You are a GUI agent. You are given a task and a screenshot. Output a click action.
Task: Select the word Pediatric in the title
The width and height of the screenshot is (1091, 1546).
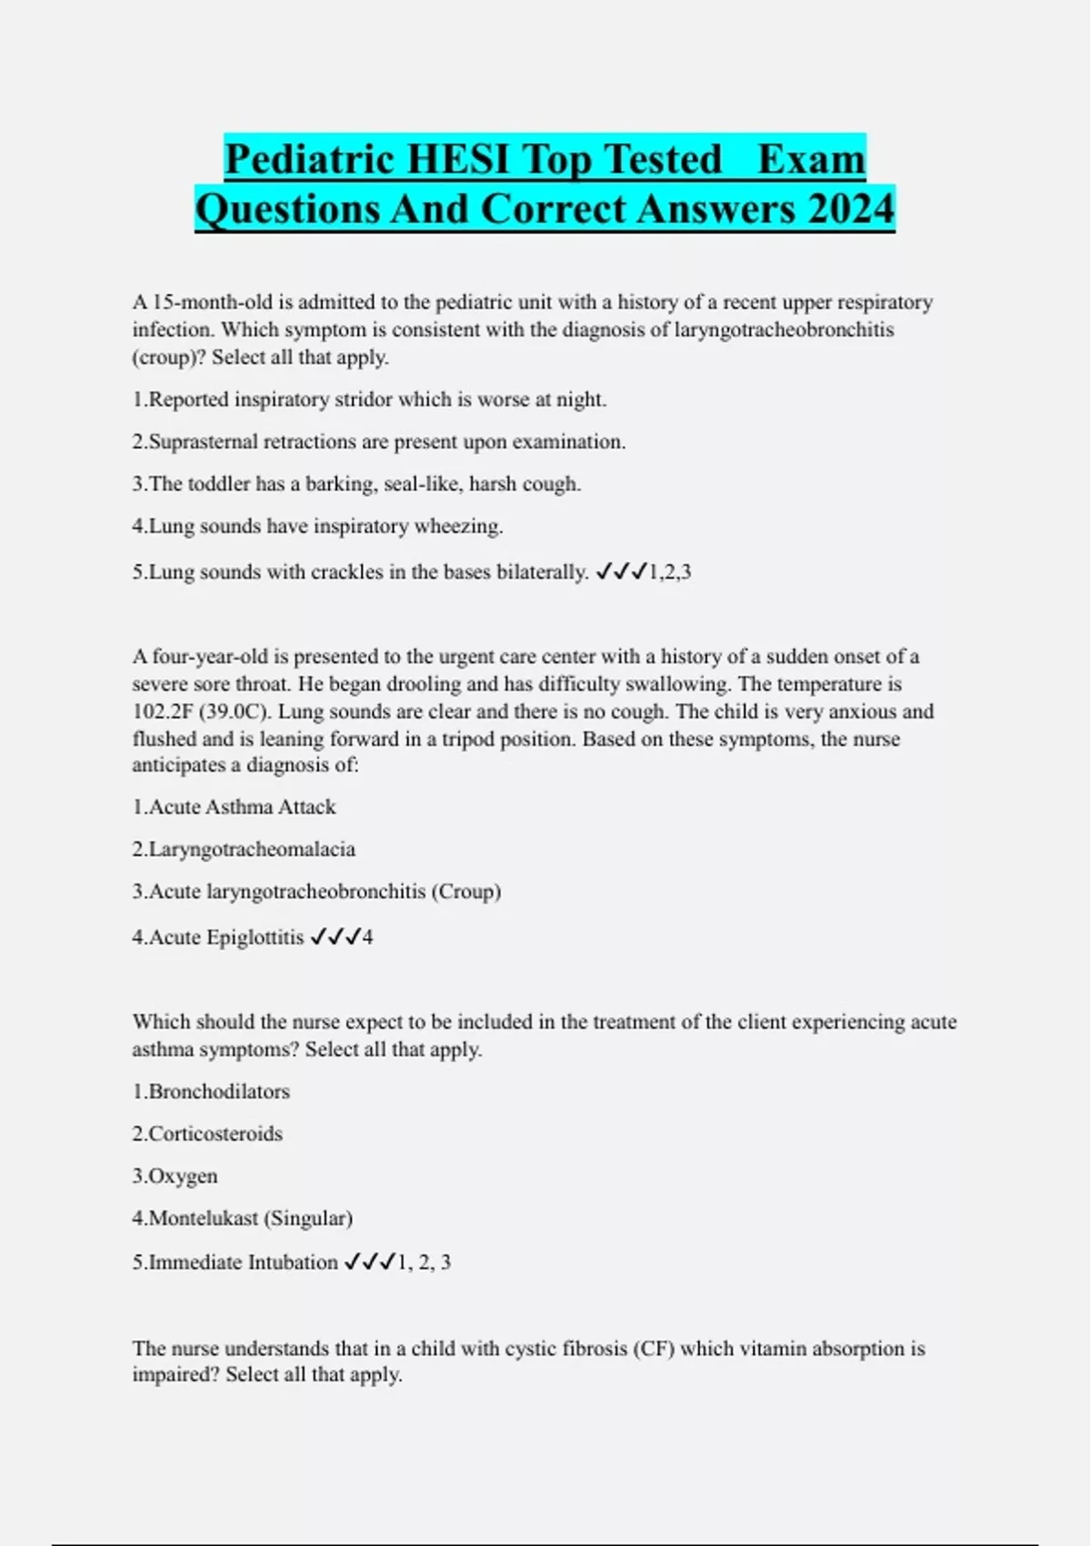point(308,159)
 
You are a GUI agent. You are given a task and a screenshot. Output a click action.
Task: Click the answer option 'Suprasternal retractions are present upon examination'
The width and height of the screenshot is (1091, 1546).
point(378,442)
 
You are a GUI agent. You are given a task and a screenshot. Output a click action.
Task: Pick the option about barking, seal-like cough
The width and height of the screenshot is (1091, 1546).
point(356,484)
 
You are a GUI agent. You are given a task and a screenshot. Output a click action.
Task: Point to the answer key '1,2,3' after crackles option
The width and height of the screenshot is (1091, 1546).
point(669,572)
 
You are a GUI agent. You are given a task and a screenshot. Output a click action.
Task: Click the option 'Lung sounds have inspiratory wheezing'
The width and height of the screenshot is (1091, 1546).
point(317,526)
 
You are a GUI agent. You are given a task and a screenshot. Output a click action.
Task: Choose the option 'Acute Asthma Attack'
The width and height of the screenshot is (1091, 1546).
point(234,807)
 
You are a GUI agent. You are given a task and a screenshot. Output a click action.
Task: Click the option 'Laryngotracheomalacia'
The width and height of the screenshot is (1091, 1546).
point(244,849)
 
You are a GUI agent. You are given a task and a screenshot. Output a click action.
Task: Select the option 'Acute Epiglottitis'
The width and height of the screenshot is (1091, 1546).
point(217,937)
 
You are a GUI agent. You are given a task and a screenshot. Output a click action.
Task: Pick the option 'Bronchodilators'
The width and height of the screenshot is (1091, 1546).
point(211,1091)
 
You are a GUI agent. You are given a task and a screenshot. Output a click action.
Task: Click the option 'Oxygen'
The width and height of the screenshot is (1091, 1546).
point(175,1176)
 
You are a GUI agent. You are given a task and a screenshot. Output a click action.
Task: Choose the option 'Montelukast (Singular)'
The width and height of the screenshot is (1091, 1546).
point(243,1218)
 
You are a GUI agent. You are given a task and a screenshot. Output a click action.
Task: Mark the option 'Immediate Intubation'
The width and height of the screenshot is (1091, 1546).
point(235,1262)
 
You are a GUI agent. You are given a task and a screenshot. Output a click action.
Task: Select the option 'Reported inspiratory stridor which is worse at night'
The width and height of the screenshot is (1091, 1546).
point(369,399)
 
